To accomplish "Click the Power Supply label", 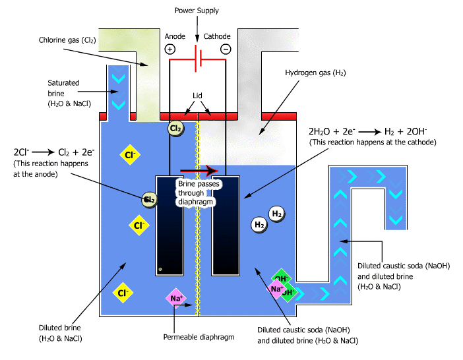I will tap(197, 11).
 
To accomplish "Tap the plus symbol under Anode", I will tap(170, 49).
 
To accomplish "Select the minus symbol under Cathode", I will tap(226, 49).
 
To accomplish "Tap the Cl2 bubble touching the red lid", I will tap(176, 128).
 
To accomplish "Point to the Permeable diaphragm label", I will tap(199, 337).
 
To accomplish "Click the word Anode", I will tap(175, 37).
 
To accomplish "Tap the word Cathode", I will tap(217, 37).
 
